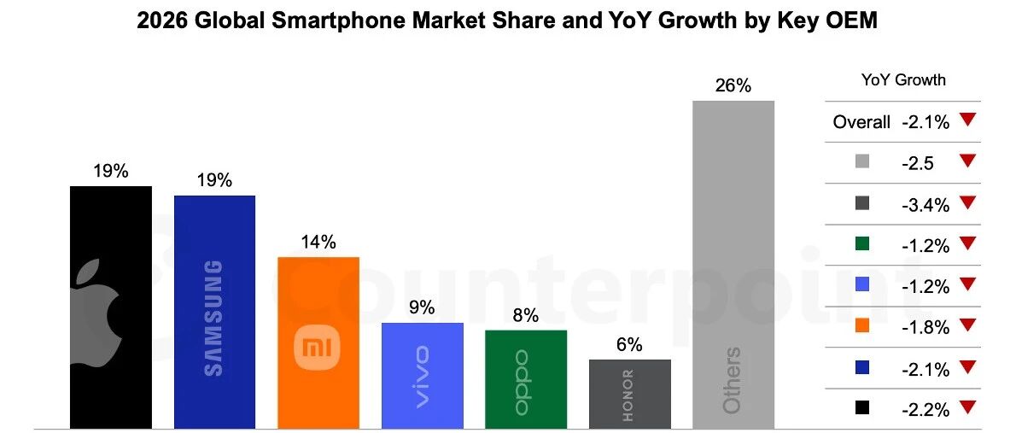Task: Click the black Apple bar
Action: tap(110, 307)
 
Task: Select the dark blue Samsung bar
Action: tap(214, 312)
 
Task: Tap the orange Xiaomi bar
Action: tap(318, 342)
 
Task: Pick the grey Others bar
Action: tap(733, 265)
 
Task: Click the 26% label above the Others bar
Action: tap(733, 85)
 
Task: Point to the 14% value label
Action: tap(318, 242)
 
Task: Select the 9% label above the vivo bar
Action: tap(422, 307)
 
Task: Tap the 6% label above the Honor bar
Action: tap(629, 344)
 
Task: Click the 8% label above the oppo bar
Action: tap(525, 315)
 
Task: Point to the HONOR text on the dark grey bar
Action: tap(628, 395)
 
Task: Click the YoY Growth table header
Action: tap(903, 80)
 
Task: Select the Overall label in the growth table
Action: tap(861, 122)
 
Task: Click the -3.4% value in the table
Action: tap(925, 204)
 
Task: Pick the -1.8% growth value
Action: tap(925, 327)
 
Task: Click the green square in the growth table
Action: tap(861, 245)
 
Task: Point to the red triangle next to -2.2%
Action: tap(966, 408)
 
